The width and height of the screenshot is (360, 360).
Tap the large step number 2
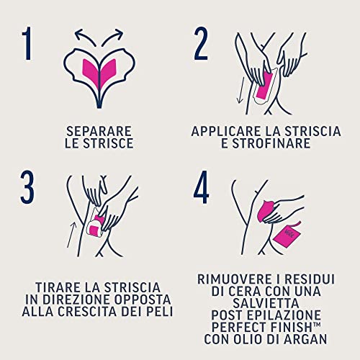202,44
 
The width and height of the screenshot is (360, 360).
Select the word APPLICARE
224,132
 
